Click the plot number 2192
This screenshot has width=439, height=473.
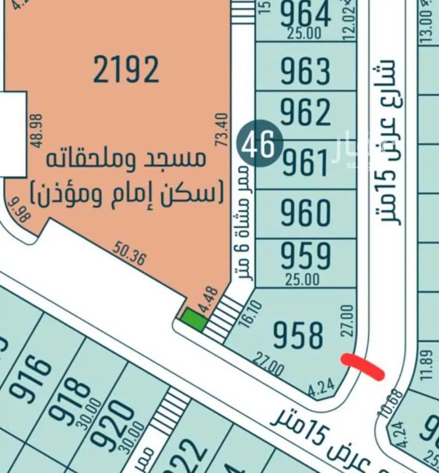[x=126, y=70]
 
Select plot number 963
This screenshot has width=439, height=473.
[x=306, y=71]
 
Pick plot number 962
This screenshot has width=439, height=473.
[x=306, y=112]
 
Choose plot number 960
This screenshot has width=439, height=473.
[x=306, y=212]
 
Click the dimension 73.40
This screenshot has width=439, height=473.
[x=221, y=129]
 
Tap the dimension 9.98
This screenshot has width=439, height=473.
[x=19, y=211]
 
